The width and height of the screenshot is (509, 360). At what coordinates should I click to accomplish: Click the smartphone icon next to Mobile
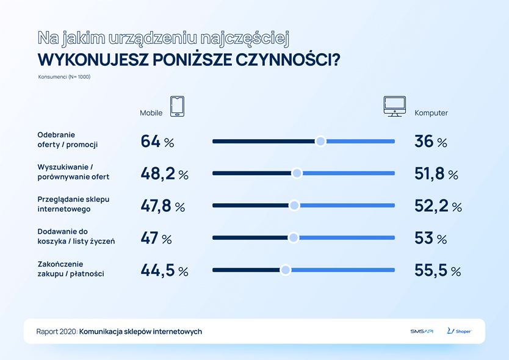[x=177, y=106]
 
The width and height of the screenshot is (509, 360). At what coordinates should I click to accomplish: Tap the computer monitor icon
[x=393, y=106]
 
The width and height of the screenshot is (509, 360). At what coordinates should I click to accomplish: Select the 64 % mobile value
[x=157, y=142]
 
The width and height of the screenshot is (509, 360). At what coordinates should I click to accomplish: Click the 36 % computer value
[x=431, y=142]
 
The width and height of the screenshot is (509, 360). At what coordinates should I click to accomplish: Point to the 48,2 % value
[x=164, y=174]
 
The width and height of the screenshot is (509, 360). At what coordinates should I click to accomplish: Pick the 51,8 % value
[x=436, y=174]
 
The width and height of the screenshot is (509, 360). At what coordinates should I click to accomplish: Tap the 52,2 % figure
[x=438, y=206]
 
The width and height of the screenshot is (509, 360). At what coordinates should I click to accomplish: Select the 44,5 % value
[x=164, y=270]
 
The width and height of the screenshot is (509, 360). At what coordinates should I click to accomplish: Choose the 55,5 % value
[x=438, y=270]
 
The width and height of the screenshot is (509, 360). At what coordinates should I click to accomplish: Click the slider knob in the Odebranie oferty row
[x=320, y=142]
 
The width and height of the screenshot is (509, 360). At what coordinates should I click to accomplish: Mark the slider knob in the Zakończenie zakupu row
[x=285, y=270]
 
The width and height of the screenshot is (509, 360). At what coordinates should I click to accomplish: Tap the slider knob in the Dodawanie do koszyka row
[x=293, y=238]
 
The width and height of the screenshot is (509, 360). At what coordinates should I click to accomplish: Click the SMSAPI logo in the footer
[x=422, y=331]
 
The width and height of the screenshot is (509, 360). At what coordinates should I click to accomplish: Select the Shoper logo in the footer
[x=458, y=331]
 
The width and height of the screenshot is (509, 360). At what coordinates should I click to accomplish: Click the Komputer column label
[x=431, y=113]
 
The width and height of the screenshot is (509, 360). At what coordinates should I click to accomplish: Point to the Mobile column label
[x=151, y=113]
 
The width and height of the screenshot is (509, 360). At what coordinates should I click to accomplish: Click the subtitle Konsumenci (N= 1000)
[x=64, y=77]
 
